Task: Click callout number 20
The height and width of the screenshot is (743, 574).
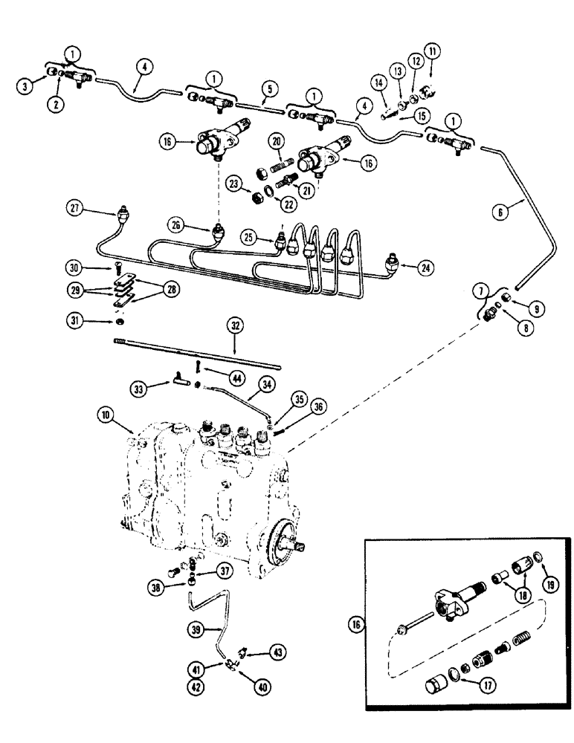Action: tap(276, 143)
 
